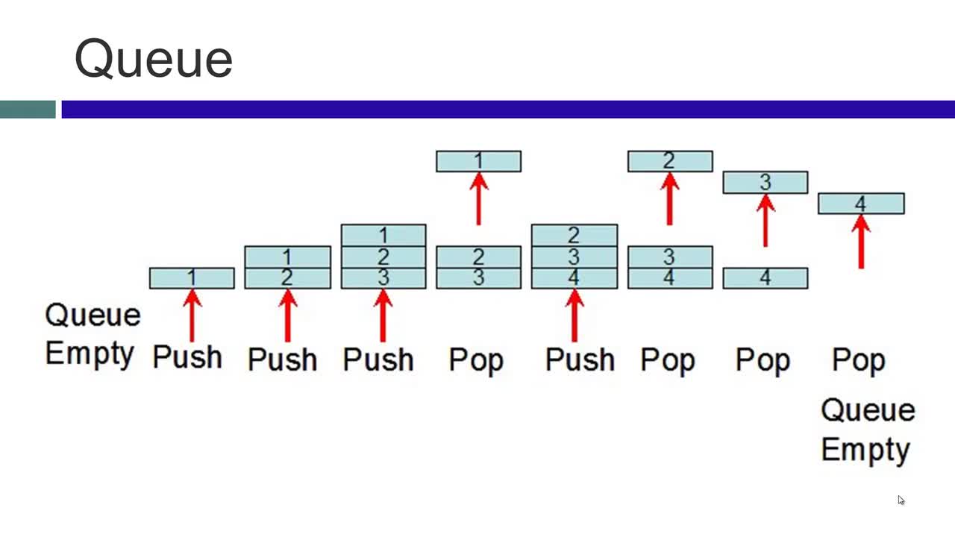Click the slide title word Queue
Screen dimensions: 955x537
click(154, 59)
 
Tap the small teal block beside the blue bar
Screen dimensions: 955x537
click(28, 109)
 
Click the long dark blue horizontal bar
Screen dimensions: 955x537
click(508, 109)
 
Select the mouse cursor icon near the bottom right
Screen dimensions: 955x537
click(901, 500)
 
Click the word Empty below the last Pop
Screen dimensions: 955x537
click(865, 450)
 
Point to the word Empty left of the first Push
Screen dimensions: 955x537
click(90, 354)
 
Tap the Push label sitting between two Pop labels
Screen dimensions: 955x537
click(580, 359)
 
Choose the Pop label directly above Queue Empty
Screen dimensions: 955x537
click(859, 360)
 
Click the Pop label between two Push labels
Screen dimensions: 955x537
click(476, 360)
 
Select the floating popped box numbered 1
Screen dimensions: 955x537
click(478, 161)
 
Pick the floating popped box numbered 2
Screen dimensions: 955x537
click(670, 161)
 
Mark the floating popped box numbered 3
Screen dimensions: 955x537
click(765, 183)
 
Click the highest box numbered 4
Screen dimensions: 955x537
click(861, 204)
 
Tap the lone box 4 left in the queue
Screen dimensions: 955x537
click(765, 278)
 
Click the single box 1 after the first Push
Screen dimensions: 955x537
click(192, 278)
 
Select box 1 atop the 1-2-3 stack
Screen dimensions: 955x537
click(383, 235)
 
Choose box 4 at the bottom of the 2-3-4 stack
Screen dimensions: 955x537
click(574, 278)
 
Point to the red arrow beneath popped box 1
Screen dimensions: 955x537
click(479, 198)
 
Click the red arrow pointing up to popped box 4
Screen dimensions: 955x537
click(861, 242)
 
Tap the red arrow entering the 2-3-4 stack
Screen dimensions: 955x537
click(574, 315)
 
